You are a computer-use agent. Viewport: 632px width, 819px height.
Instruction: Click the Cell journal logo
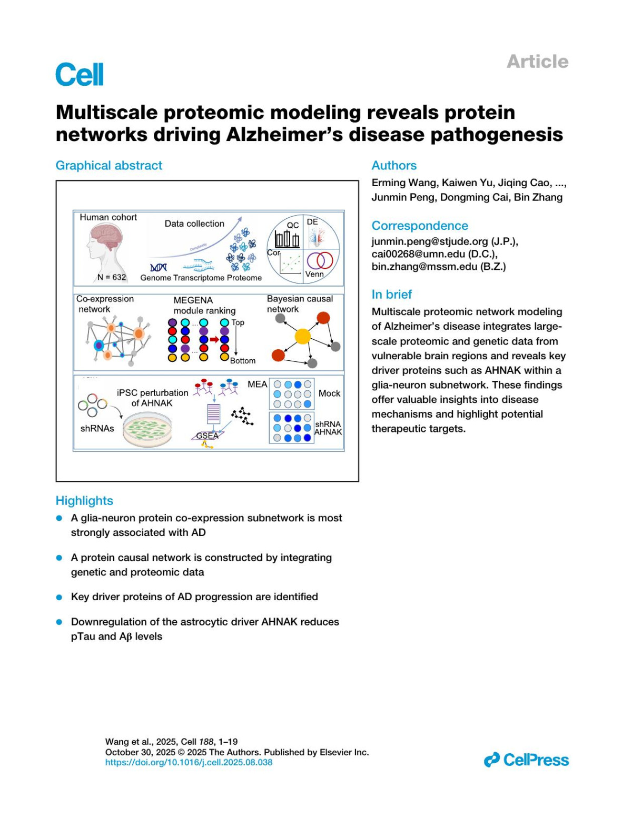[x=80, y=75]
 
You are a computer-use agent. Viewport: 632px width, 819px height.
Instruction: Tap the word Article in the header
[x=537, y=62]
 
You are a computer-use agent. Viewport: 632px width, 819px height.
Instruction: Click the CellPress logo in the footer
[x=526, y=760]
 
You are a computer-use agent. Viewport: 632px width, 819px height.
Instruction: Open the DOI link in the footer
[x=189, y=762]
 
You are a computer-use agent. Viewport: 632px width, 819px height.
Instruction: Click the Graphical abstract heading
[x=109, y=165]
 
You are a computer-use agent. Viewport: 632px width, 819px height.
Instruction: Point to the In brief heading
[x=391, y=294]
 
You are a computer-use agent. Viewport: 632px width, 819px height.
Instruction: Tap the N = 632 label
[x=112, y=277]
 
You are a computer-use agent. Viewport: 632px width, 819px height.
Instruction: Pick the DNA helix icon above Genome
[x=159, y=268]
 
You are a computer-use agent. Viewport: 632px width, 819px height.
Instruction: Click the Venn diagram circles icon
[x=320, y=260]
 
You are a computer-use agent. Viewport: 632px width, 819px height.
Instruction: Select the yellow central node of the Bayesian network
[x=303, y=336]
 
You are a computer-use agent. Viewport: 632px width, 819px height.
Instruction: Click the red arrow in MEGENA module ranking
[x=214, y=339]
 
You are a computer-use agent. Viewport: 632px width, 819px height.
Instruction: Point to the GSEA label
[x=207, y=436]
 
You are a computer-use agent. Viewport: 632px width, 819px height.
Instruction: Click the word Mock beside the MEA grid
[x=329, y=393]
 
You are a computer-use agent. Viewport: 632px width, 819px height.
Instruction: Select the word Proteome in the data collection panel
[x=244, y=278]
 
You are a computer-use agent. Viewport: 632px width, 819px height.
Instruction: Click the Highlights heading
[x=84, y=500]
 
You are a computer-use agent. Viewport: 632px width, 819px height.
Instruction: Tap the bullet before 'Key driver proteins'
[x=60, y=597]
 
